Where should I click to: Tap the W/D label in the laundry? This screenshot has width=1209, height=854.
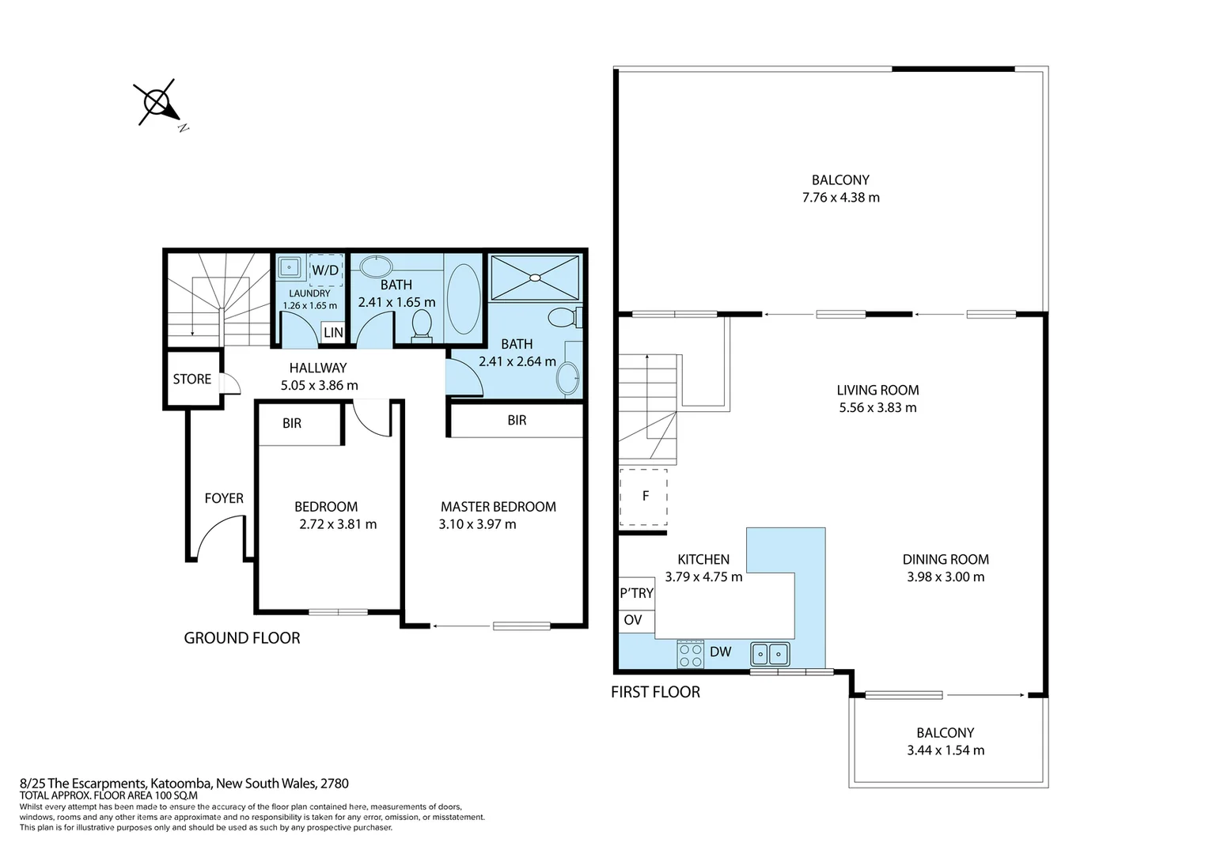click(325, 270)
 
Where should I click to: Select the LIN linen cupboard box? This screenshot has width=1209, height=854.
click(334, 332)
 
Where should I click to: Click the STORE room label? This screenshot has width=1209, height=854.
click(192, 380)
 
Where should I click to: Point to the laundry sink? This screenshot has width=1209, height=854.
click(290, 267)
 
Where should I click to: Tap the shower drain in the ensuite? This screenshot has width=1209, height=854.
click(535, 278)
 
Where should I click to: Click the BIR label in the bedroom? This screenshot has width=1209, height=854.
click(292, 424)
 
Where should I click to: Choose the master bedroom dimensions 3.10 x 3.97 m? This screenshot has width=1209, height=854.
click(477, 524)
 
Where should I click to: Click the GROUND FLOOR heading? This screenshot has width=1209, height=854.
click(242, 638)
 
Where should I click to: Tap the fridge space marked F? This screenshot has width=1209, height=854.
click(643, 497)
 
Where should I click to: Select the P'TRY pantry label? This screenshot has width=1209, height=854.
click(637, 593)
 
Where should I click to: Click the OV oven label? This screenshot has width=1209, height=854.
click(633, 621)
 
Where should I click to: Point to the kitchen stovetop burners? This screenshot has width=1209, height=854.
click(691, 655)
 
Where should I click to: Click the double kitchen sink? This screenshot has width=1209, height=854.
click(770, 655)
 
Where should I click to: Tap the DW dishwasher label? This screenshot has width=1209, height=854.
click(721, 652)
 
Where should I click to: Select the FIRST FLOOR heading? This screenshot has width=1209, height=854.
click(655, 692)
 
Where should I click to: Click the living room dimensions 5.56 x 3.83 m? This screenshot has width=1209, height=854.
click(877, 408)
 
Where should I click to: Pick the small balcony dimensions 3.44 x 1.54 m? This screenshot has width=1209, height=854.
click(946, 750)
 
